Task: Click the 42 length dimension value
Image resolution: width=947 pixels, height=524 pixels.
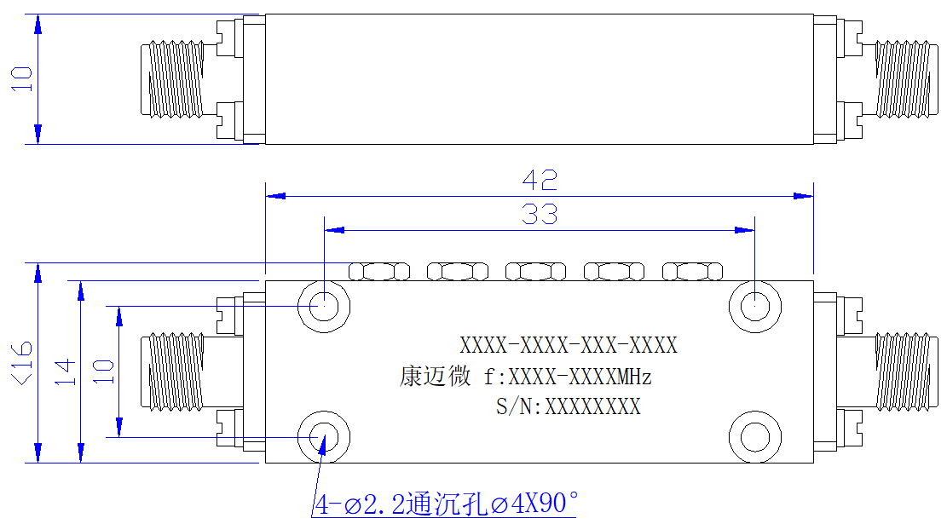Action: [x=540, y=180]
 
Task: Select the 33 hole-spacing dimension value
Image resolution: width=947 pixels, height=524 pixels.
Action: [x=540, y=215]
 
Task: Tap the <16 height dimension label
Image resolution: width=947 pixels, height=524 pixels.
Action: [x=22, y=363]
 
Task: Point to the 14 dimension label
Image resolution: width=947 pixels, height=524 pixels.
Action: [x=66, y=371]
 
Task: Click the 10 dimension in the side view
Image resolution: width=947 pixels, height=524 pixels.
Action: [x=22, y=79]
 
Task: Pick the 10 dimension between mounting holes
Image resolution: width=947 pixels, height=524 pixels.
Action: [x=103, y=371]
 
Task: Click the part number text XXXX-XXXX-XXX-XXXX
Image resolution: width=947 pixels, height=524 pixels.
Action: [x=569, y=345]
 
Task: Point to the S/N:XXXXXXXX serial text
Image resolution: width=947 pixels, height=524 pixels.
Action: [x=569, y=406]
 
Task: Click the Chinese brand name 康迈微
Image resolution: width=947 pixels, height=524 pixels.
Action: [x=435, y=376]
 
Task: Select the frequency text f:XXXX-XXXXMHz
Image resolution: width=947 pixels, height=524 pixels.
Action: [x=568, y=377]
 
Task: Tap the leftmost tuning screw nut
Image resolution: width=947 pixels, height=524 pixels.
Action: [x=379, y=272]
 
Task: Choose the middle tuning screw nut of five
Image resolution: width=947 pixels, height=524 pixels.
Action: [x=535, y=272]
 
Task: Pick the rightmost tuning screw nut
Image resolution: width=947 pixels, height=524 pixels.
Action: [x=693, y=272]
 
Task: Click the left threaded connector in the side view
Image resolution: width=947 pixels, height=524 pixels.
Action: [x=172, y=78]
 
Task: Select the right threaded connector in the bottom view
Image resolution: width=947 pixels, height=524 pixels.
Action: [x=907, y=371]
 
